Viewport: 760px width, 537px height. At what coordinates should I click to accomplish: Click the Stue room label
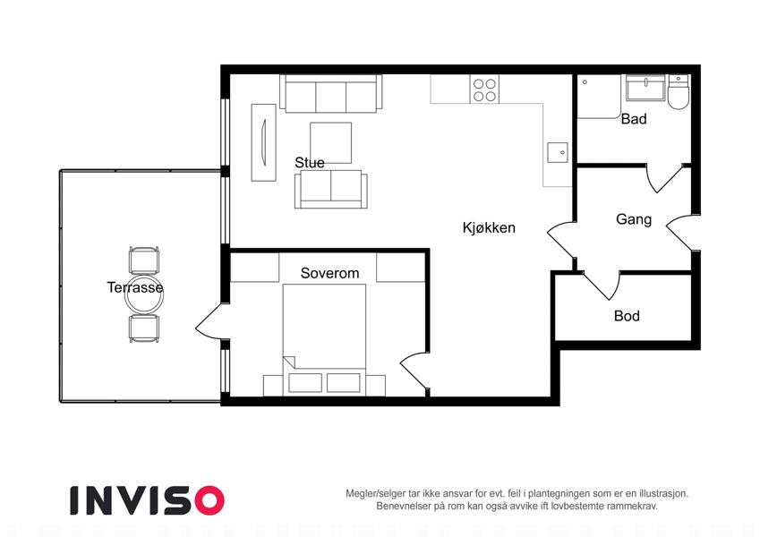coord(309,162)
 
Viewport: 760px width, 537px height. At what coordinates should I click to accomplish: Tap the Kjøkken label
coord(489,227)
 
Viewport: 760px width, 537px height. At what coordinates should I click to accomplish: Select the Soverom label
coord(329,273)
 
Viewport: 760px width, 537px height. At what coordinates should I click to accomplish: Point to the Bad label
coord(634,119)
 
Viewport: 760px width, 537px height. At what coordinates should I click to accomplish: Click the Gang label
coord(634,219)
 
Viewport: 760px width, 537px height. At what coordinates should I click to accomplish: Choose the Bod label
coord(627,316)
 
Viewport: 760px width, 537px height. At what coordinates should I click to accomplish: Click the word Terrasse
coord(135,287)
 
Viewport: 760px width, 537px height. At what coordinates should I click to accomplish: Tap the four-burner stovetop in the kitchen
coord(484,89)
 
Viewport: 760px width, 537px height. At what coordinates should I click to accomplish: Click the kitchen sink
coord(558,153)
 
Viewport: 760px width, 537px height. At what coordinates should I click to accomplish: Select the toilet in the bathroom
coord(678,91)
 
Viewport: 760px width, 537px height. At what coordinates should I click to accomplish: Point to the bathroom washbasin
coord(645,88)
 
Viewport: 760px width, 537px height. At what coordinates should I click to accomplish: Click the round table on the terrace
coord(144,295)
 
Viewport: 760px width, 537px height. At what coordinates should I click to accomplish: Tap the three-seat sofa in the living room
coord(331,94)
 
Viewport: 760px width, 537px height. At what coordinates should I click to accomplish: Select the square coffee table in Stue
coord(330,142)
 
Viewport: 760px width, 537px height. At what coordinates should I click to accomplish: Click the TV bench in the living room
coord(264,142)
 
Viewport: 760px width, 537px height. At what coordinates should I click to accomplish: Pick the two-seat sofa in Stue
coord(331,190)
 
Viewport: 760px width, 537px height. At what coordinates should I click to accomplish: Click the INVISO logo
coord(148,500)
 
